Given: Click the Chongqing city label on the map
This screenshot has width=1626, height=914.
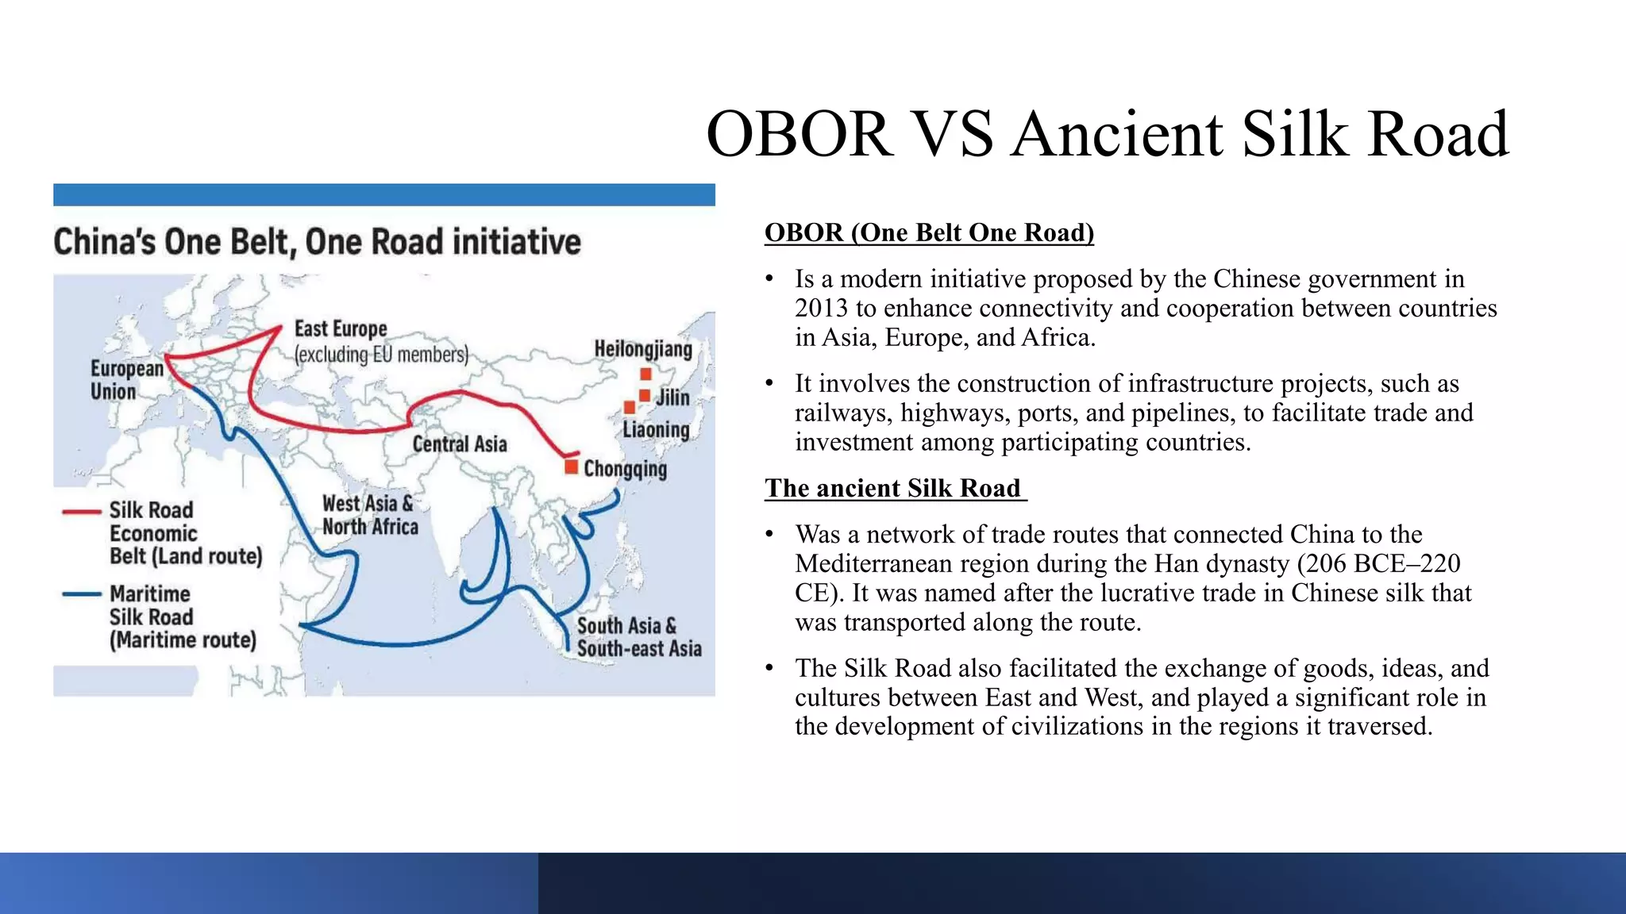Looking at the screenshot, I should [x=625, y=469].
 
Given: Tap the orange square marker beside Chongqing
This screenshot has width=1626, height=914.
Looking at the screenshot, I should [x=571, y=467].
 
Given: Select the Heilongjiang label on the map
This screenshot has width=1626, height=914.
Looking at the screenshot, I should [x=643, y=349].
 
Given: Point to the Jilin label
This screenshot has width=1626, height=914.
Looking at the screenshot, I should [x=672, y=397].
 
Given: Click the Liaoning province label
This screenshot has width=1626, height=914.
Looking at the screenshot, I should [x=656, y=430].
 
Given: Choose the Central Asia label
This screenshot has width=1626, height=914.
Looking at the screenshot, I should [x=460, y=444].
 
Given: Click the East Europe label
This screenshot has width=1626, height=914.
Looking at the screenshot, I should [x=341, y=328].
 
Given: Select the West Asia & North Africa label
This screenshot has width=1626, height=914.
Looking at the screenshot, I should [x=369, y=515].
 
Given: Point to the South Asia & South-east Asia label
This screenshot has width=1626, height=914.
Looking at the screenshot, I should [x=638, y=637].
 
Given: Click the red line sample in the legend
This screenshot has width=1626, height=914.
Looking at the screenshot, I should [x=82, y=513].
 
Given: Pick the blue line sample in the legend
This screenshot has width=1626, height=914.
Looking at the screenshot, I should [x=82, y=593].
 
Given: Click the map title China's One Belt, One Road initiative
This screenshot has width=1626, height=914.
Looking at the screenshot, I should [x=317, y=242].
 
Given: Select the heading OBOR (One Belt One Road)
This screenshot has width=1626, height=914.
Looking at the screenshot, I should [x=929, y=232].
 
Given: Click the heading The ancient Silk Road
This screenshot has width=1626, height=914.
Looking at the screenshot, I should [x=895, y=488].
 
